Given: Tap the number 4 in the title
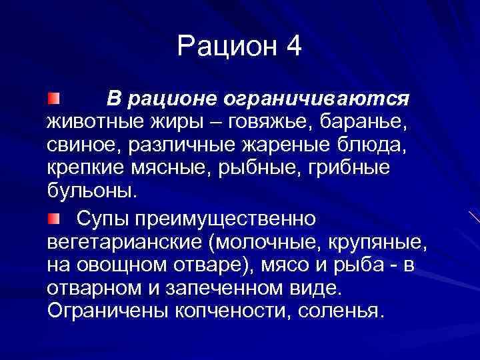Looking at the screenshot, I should [293, 46].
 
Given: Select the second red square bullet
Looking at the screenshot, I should [53, 218].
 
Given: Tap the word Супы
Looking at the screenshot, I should [105, 219].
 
